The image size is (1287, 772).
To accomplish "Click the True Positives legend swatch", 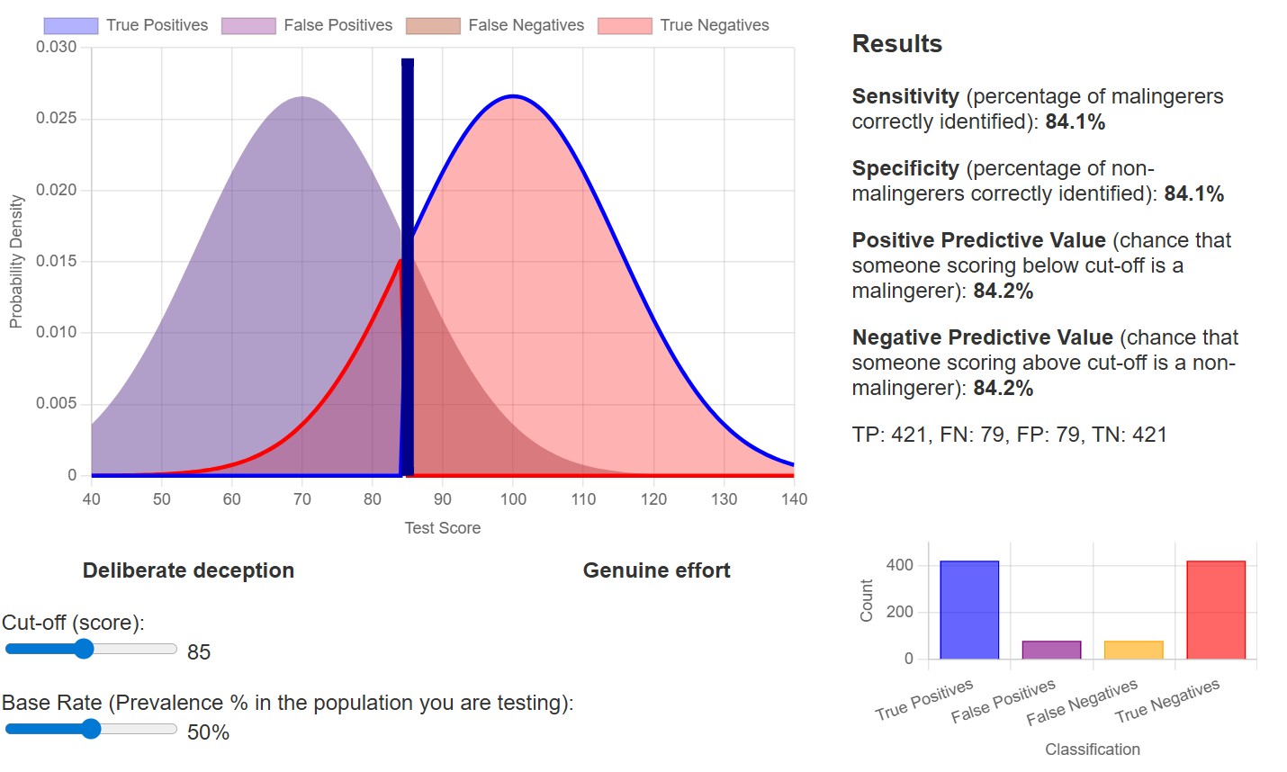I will tap(70, 25).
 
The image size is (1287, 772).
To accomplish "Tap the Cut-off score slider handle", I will tap(84, 649).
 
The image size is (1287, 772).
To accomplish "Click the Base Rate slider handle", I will tap(91, 729).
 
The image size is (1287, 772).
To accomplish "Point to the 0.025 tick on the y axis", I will tap(56, 119).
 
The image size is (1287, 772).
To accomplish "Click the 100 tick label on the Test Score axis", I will tap(513, 499).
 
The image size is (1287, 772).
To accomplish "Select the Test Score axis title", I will tap(442, 528).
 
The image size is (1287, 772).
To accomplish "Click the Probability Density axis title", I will tap(15, 261).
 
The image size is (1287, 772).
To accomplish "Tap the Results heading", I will tap(896, 44).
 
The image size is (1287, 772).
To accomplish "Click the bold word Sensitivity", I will tap(905, 96).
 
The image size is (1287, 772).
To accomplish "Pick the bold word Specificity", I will tap(905, 168).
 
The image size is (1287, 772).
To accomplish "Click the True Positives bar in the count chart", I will tap(969, 610).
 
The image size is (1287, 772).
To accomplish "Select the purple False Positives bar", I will tap(1051, 650).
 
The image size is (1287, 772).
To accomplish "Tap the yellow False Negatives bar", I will tap(1133, 650).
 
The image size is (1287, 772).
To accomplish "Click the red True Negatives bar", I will tap(1216, 610).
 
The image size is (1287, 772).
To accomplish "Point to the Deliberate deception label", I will tap(188, 570).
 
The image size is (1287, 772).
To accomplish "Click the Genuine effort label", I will tap(656, 570).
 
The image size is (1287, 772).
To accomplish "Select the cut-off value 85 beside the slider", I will tap(199, 652).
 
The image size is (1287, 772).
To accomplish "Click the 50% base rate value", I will tap(208, 732).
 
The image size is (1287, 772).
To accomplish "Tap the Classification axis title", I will tap(1092, 750).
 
